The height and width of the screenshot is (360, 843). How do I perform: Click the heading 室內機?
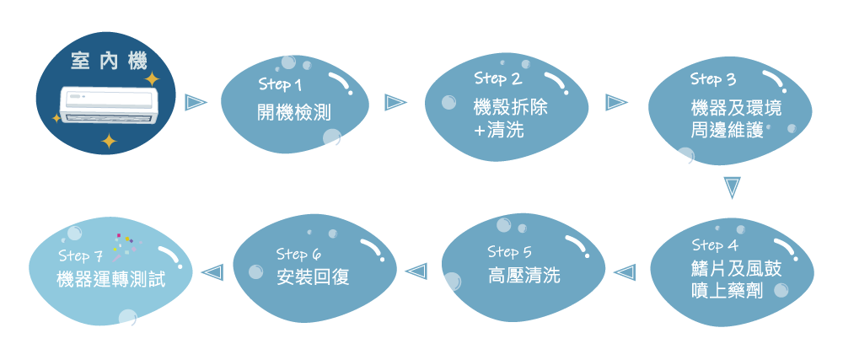(110, 62)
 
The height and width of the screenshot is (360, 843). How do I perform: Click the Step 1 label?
(280, 84)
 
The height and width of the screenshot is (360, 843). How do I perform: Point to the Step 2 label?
(498, 78)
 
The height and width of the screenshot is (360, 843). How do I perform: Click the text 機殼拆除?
(504, 107)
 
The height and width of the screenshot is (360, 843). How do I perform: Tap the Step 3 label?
(713, 80)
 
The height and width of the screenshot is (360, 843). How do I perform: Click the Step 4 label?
(715, 245)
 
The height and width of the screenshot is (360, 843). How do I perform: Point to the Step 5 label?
(509, 251)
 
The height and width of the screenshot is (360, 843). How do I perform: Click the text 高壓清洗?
(524, 276)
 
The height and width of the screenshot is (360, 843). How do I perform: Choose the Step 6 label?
(298, 254)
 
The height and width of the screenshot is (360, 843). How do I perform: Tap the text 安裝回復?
(313, 277)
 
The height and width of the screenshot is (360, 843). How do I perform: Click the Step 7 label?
(81, 255)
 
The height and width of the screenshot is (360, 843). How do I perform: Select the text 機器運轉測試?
(111, 279)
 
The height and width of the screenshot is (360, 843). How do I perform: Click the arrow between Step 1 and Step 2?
(396, 103)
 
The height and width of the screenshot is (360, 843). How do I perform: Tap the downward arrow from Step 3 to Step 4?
(732, 188)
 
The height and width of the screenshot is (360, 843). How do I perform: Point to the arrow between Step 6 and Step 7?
(211, 271)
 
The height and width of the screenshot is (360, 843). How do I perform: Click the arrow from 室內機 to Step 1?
(196, 102)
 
